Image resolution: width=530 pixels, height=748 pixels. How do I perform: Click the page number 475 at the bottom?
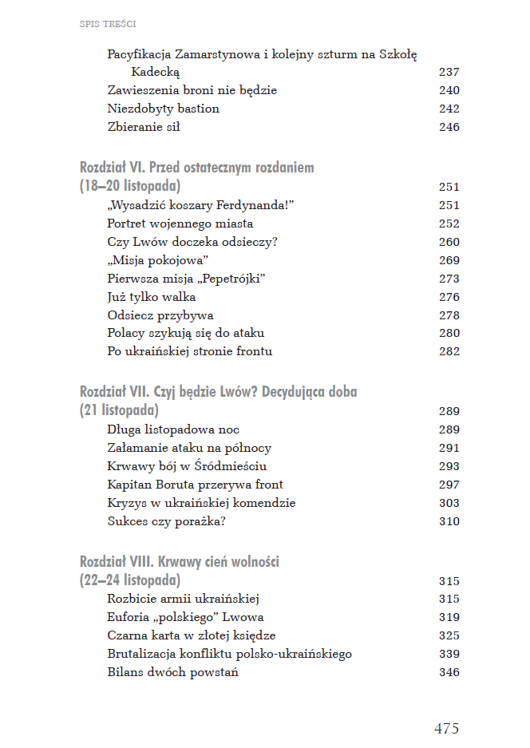coord(446,728)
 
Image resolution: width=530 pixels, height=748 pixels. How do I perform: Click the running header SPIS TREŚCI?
coord(108,24)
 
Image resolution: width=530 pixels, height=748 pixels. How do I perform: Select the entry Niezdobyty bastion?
coord(163,109)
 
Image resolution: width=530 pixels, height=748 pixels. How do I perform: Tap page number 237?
coord(449,72)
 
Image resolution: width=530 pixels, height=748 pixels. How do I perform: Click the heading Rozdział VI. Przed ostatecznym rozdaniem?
coord(197,168)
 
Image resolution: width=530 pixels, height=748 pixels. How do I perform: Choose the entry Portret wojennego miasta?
coord(169,224)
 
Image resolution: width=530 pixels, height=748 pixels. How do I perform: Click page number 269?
coord(449,260)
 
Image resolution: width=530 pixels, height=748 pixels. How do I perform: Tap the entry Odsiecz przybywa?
coord(160,315)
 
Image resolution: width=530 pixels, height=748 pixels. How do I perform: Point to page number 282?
coord(449,351)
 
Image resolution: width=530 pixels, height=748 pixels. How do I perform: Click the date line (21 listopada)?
coord(119,411)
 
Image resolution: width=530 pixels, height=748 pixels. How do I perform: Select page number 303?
coord(449,503)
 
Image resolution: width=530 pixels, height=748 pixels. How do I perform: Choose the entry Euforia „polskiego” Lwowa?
coord(185,617)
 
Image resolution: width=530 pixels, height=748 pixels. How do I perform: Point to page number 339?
coord(449,654)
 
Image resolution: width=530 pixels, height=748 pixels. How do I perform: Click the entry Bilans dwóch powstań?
coord(172,672)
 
